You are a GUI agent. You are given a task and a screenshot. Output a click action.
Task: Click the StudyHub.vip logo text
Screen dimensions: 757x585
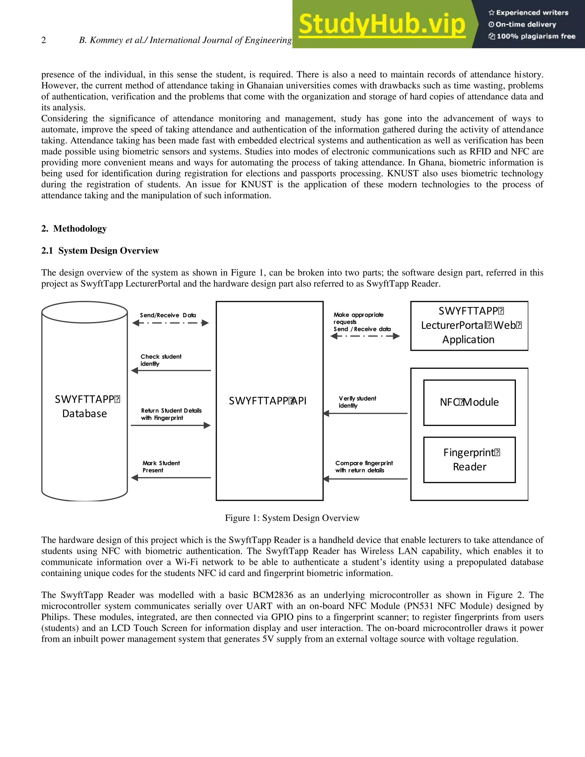pos(382,24)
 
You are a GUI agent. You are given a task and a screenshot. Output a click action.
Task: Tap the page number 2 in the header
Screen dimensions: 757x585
pos(44,40)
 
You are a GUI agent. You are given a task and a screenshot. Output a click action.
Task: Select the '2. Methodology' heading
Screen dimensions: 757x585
pos(74,229)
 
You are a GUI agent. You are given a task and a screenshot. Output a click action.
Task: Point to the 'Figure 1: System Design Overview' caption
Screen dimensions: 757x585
pos(292,518)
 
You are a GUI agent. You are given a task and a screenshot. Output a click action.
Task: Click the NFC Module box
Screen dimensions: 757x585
pos(469,402)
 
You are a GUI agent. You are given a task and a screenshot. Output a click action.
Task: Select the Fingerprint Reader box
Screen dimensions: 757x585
pos(469,460)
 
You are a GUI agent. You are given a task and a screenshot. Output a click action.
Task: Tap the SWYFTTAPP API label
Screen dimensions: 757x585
pos(268,401)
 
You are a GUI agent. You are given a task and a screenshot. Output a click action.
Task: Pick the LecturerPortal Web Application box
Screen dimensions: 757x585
pos(469,325)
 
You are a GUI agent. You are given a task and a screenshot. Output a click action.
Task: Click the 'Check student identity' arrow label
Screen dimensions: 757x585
pos(161,360)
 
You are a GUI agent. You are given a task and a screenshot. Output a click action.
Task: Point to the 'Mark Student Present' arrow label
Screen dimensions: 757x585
pos(161,466)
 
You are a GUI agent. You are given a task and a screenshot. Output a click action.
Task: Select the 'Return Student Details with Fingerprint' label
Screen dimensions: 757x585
pos(171,414)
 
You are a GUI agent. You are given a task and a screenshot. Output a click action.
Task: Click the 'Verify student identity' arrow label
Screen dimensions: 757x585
pos(357,402)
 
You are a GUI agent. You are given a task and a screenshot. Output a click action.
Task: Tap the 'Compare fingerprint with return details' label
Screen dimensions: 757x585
pos(364,466)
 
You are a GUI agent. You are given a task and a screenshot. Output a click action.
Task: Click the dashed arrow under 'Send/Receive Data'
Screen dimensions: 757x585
pos(171,323)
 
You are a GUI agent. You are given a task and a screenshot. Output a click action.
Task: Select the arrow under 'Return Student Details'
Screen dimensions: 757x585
pos(171,425)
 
